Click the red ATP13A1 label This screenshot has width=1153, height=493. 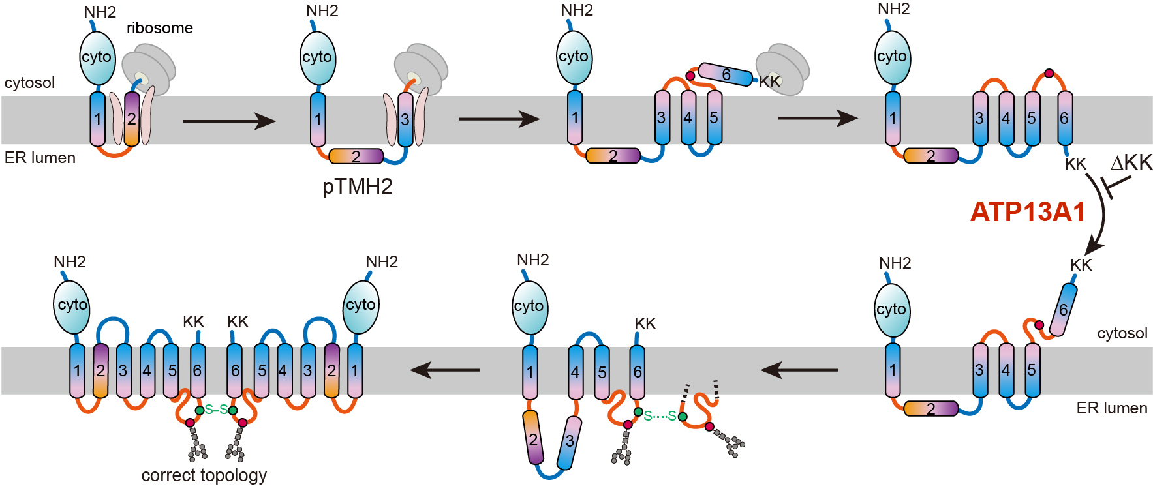click(1027, 212)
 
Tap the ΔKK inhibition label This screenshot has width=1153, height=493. click(1131, 163)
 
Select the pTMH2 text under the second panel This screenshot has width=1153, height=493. click(358, 187)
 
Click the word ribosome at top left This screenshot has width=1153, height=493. click(160, 28)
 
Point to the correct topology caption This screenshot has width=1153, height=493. click(204, 475)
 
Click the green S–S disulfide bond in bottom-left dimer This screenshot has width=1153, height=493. click(216, 410)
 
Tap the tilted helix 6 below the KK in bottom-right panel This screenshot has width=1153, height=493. click(1063, 310)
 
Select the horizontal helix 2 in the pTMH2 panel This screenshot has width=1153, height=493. click(356, 157)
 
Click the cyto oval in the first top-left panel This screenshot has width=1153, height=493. click(97, 57)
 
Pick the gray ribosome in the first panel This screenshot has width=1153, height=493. click(150, 68)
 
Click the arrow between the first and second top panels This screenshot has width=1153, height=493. click(228, 121)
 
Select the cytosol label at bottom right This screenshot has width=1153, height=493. click(1122, 333)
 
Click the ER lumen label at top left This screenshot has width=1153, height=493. click(40, 158)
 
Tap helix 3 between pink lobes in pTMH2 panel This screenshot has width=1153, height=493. click(405, 119)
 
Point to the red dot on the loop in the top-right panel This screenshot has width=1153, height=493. click(1049, 73)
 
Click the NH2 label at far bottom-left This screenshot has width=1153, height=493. click(70, 262)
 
